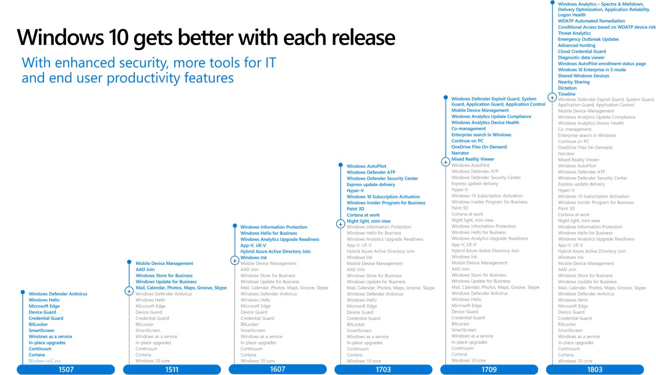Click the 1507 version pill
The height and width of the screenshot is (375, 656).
click(66, 369)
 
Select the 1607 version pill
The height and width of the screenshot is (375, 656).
click(278, 369)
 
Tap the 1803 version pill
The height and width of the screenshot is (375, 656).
click(595, 369)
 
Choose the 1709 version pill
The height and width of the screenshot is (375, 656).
click(489, 369)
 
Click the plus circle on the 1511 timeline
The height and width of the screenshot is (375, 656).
click(129, 291)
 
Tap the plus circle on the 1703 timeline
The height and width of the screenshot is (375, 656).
click(340, 224)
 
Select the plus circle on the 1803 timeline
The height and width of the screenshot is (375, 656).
click(552, 97)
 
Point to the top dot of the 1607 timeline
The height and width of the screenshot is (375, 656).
click(235, 226)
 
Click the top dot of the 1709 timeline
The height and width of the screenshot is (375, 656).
click(446, 97)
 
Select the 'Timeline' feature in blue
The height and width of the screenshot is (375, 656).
click(567, 94)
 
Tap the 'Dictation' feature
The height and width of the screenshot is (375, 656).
click(567, 88)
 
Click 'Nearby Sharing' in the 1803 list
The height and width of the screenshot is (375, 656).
click(573, 82)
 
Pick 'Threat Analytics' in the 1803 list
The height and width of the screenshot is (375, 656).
click(575, 33)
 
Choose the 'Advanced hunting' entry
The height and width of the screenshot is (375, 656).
click(577, 46)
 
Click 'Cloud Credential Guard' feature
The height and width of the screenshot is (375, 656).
click(582, 51)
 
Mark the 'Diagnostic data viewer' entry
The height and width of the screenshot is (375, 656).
click(581, 57)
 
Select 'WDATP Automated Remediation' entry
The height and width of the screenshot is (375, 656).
click(591, 21)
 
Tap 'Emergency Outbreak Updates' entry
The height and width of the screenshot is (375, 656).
click(588, 39)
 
